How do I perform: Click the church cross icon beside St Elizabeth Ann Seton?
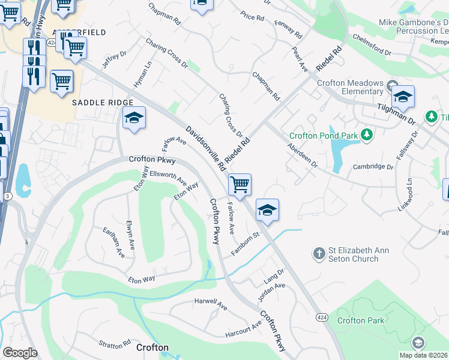[319, 254]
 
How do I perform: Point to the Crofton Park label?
[360, 320]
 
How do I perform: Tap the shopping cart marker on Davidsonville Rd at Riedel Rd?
[240, 184]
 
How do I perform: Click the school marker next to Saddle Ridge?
[134, 118]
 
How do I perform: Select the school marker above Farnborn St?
[267, 210]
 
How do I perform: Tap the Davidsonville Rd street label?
[205, 147]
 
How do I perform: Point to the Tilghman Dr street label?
[396, 113]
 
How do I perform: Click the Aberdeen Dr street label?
[302, 155]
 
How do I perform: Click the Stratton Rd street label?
[115, 344]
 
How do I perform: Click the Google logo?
[20, 353]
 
